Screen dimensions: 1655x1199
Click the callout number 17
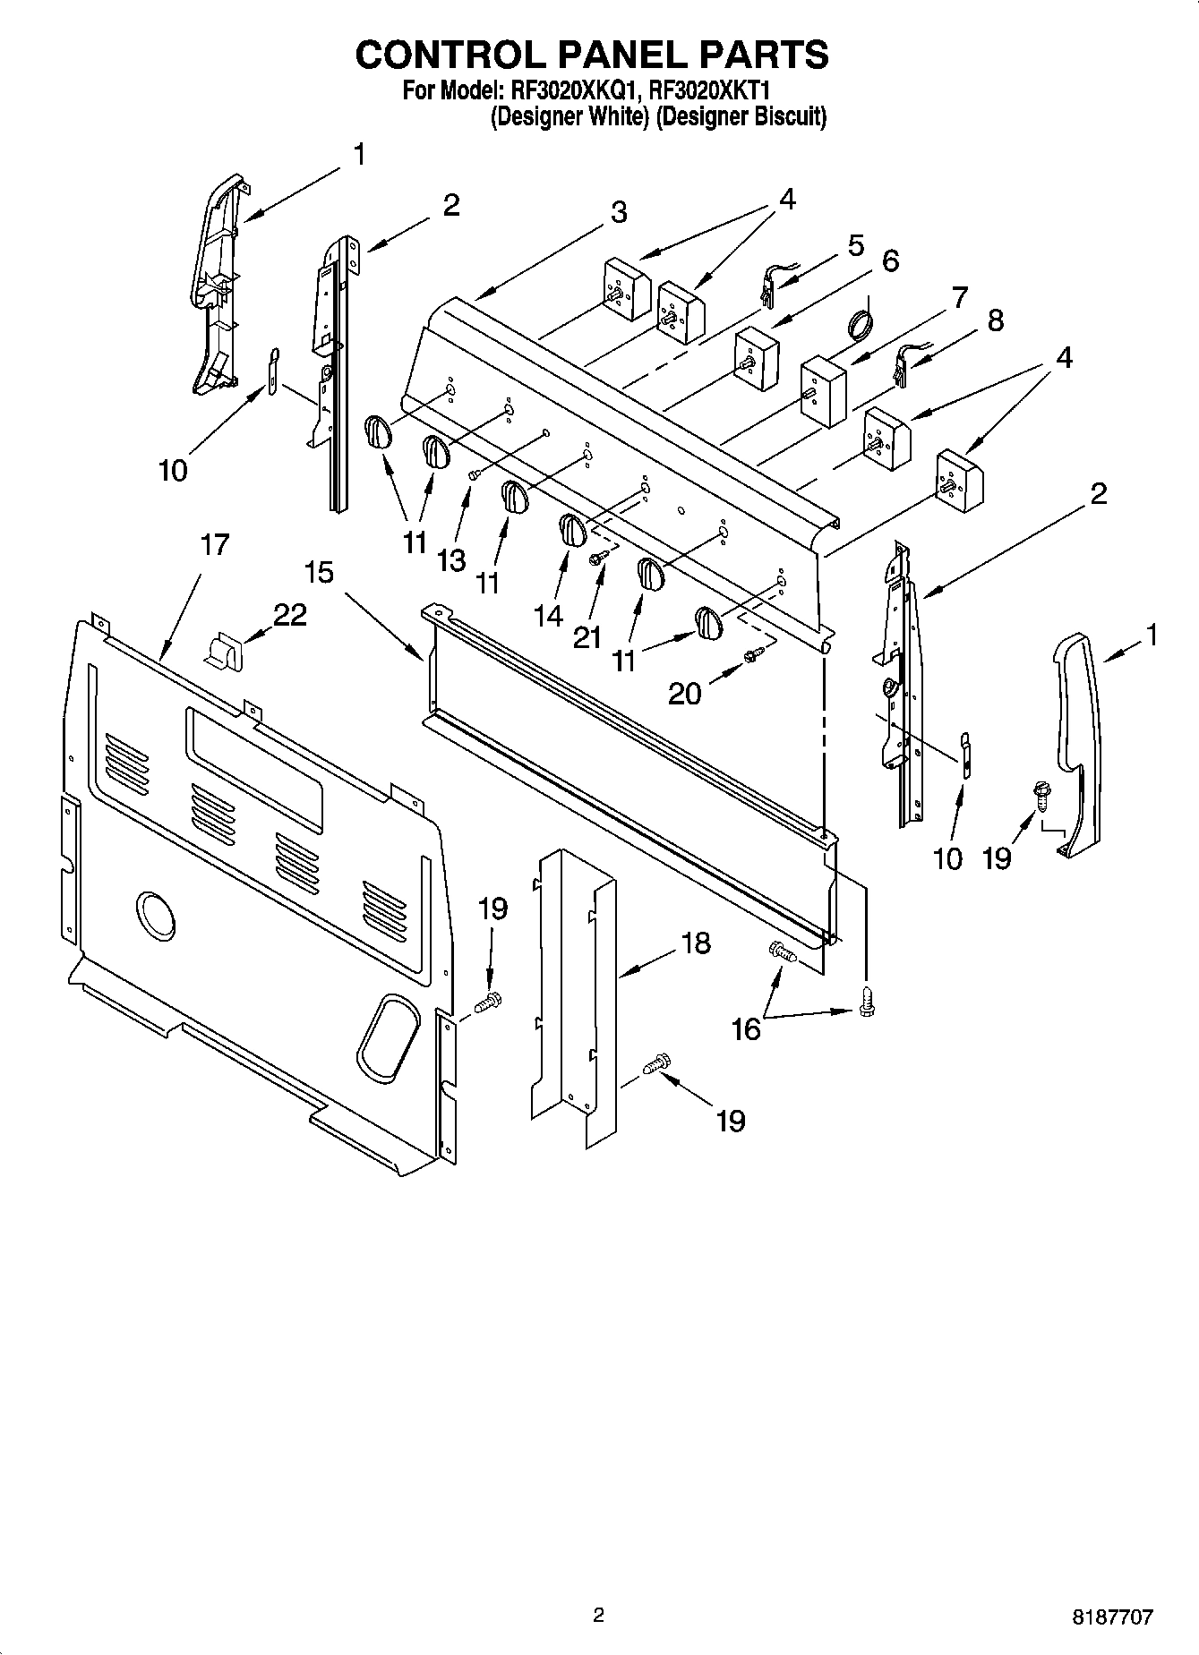tap(215, 544)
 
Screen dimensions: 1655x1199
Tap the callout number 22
tap(290, 614)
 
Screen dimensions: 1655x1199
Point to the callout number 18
tap(695, 943)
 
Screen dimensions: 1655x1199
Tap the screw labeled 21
tap(597, 558)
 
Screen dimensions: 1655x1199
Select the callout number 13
tap(451, 560)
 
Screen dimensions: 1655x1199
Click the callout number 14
tap(548, 615)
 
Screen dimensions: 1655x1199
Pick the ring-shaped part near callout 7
tap(860, 323)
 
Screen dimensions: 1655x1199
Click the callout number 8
tap(995, 320)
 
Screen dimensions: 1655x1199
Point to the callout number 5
tap(855, 244)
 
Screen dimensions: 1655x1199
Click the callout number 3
tap(619, 213)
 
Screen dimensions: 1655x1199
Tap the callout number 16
tap(746, 1029)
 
